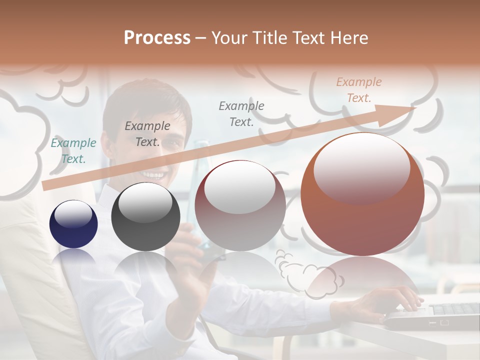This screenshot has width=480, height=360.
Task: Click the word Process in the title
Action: tap(157, 38)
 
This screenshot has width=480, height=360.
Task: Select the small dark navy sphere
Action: tap(73, 224)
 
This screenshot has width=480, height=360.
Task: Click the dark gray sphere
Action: tap(145, 216)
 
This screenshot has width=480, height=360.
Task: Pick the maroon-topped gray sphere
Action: tap(240, 205)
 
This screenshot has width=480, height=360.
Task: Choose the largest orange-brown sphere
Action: tap(362, 194)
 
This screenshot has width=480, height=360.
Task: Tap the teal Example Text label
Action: tap(73, 151)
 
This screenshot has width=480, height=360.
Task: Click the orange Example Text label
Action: tap(358, 90)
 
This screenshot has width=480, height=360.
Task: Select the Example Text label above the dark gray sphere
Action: tap(147, 134)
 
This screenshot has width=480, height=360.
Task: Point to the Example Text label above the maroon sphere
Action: tap(241, 113)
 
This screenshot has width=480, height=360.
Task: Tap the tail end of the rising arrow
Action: tap(46, 186)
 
